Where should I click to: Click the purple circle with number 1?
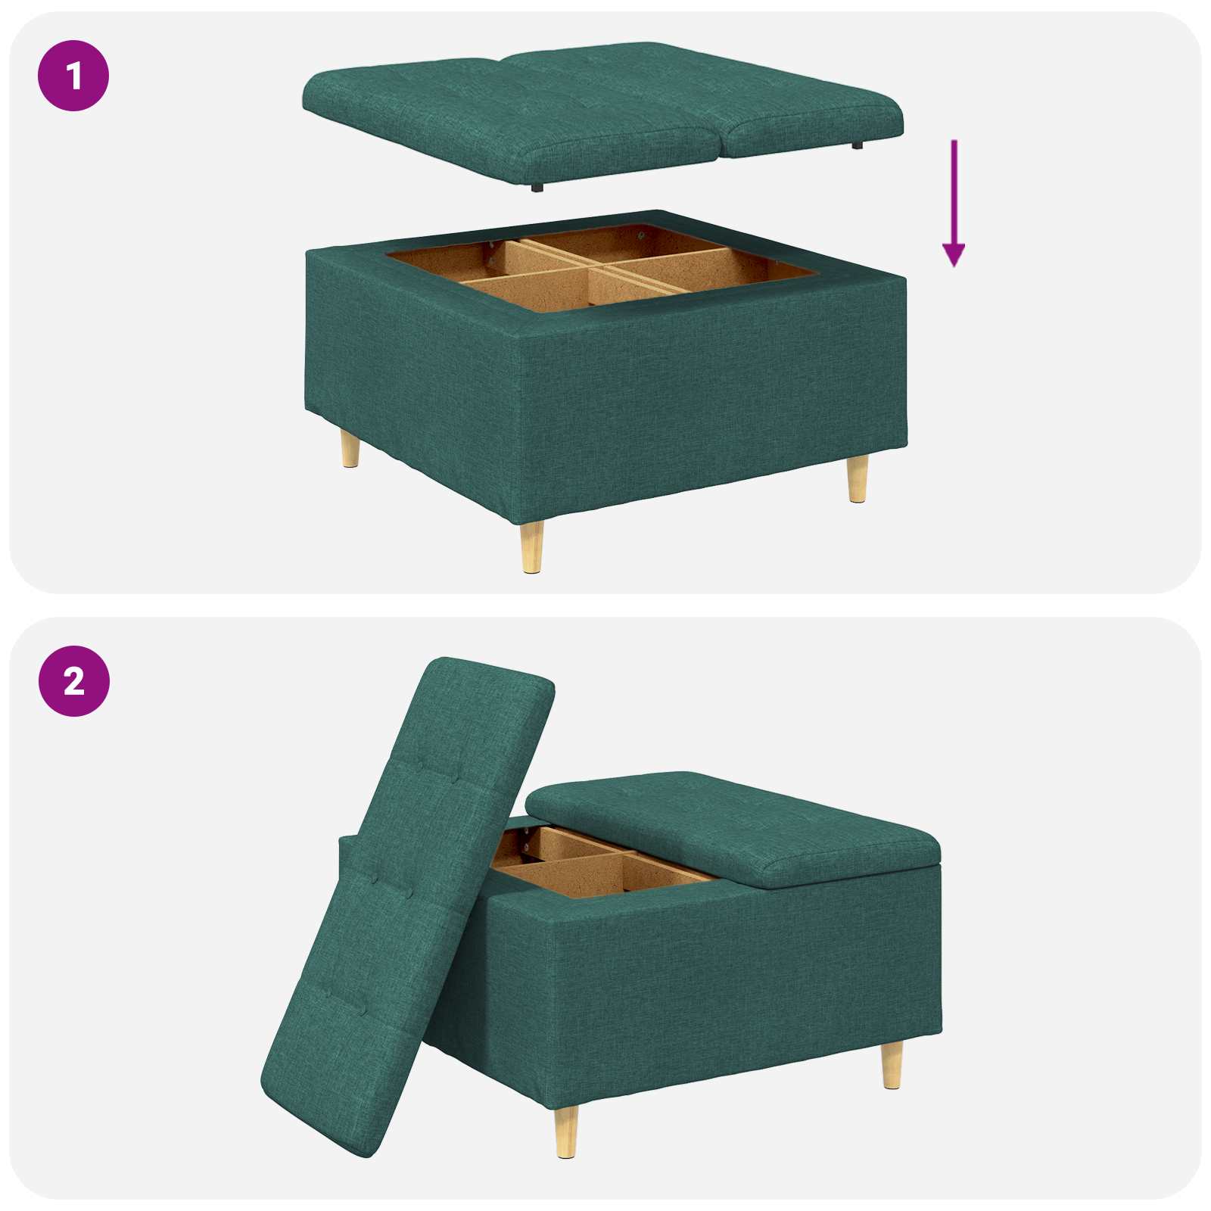pyautogui.click(x=73, y=76)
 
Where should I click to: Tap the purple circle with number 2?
pyautogui.click(x=73, y=681)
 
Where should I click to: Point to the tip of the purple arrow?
pyautogui.click(x=954, y=265)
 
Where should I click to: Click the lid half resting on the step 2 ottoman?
pyautogui.click(x=734, y=825)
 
